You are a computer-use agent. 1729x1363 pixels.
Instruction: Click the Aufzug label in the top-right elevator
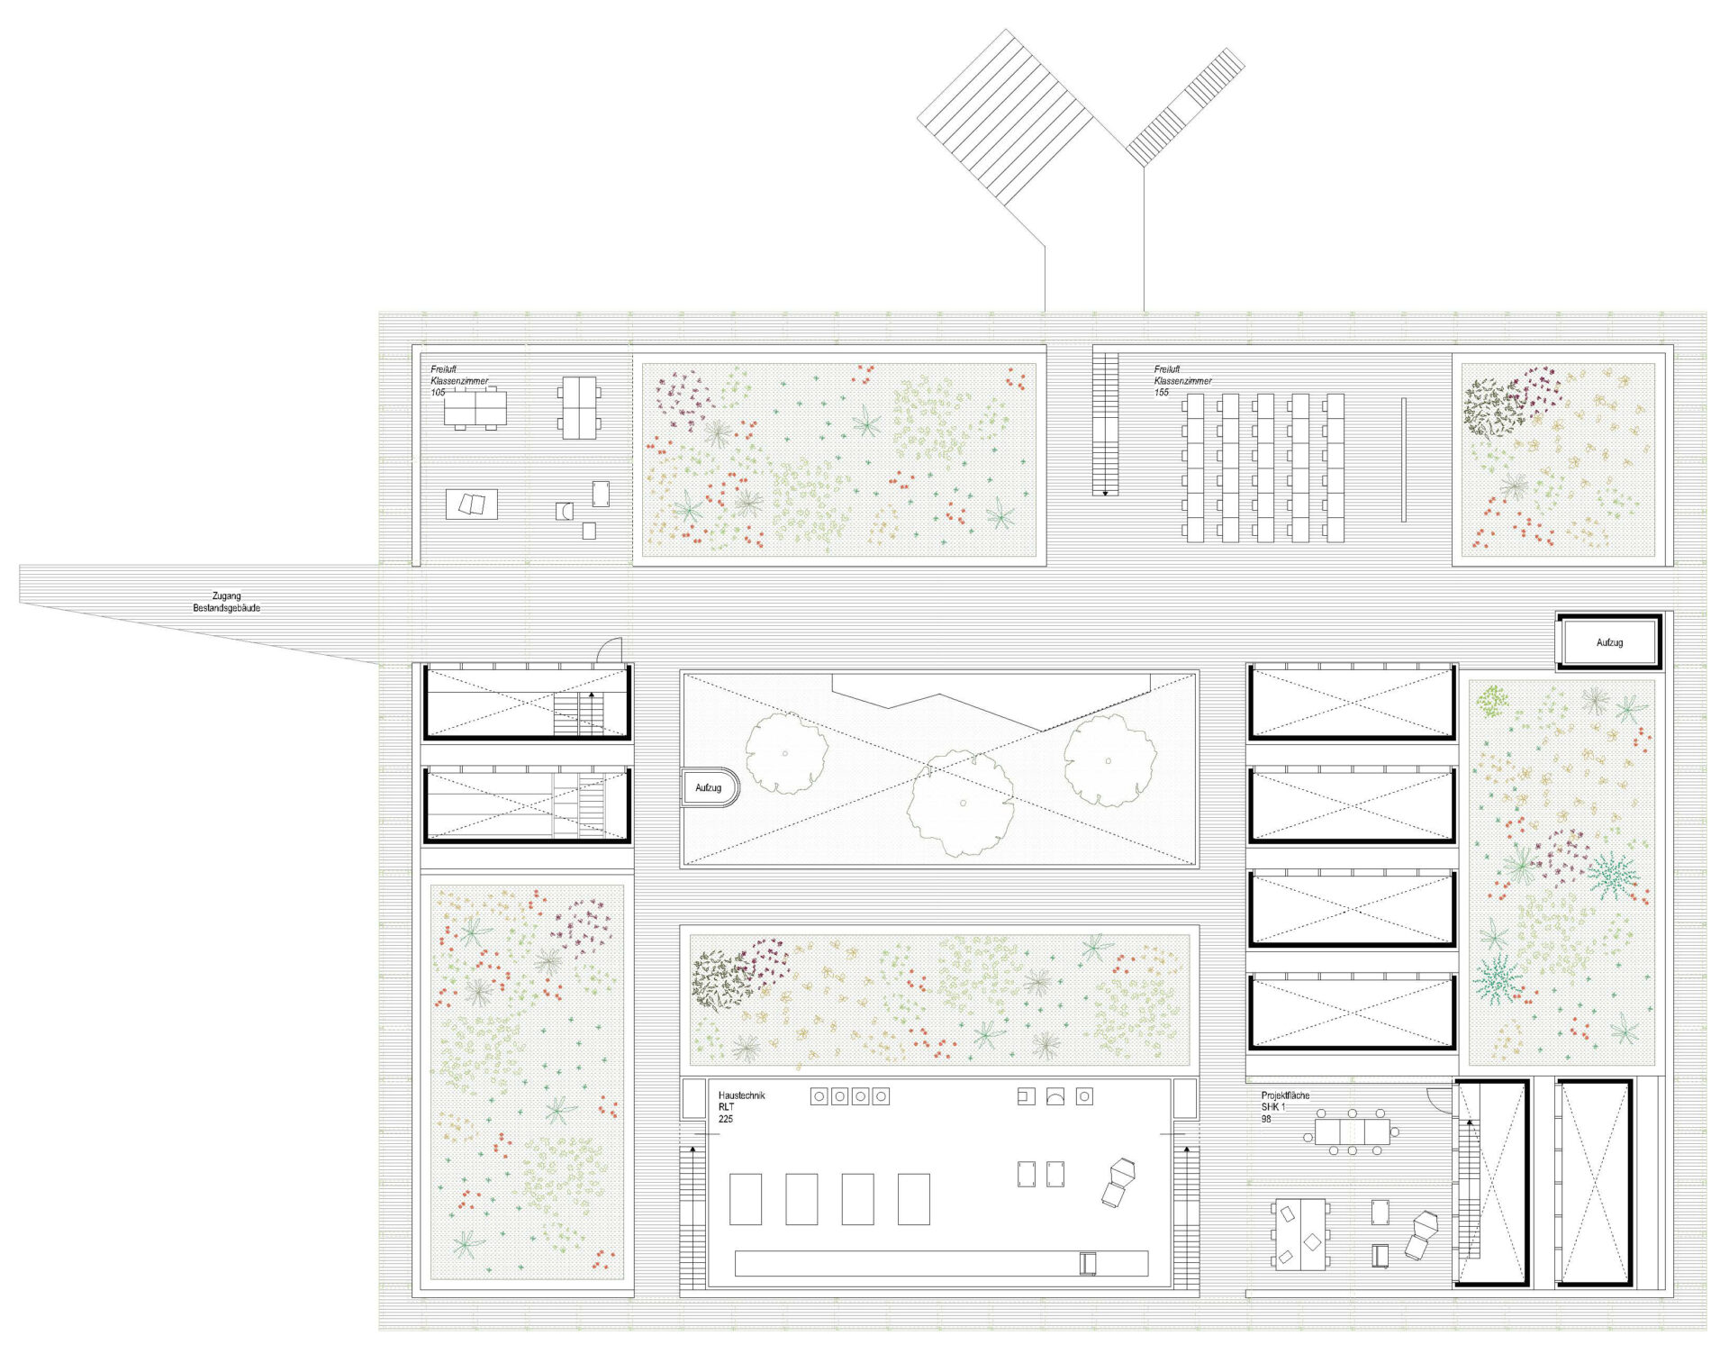(x=1609, y=642)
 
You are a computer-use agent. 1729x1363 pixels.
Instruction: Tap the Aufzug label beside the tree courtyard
(x=708, y=787)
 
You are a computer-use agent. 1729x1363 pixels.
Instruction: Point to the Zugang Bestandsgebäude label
(x=226, y=602)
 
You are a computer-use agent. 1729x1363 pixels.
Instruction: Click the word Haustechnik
(x=741, y=1095)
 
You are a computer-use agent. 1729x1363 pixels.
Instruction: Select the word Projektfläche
(x=1285, y=1095)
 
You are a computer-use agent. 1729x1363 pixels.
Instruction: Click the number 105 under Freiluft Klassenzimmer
(x=438, y=393)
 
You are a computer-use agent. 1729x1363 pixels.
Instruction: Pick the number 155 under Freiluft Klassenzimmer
(x=1162, y=393)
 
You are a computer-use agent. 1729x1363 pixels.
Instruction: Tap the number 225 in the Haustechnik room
(x=725, y=1119)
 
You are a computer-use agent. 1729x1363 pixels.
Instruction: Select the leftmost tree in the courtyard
(x=786, y=753)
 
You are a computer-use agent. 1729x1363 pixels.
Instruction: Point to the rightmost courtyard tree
(x=1109, y=760)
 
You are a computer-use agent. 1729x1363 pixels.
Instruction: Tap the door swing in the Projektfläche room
(x=1439, y=1100)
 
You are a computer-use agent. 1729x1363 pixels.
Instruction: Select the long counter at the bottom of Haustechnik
(x=941, y=1263)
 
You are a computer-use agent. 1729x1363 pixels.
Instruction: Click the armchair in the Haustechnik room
(x=1118, y=1182)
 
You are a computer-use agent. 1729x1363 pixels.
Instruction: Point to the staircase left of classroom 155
(x=1105, y=423)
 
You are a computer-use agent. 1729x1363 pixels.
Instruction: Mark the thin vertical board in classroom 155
(x=1403, y=459)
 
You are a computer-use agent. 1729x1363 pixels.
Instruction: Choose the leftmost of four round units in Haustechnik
(x=819, y=1096)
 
